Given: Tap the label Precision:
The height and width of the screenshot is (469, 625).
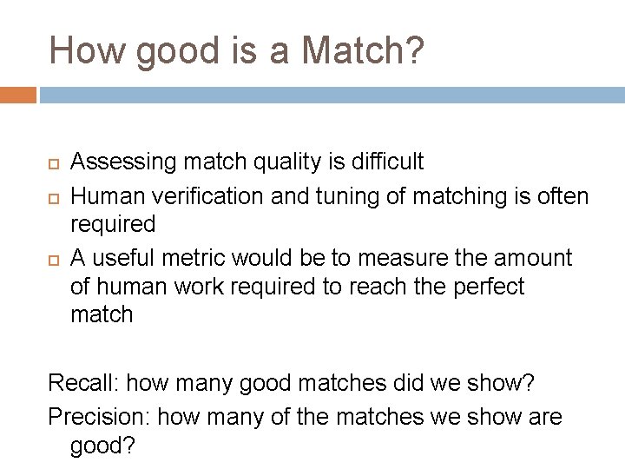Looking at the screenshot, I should click(x=99, y=418).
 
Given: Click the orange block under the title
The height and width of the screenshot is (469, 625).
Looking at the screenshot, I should click(x=18, y=94).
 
